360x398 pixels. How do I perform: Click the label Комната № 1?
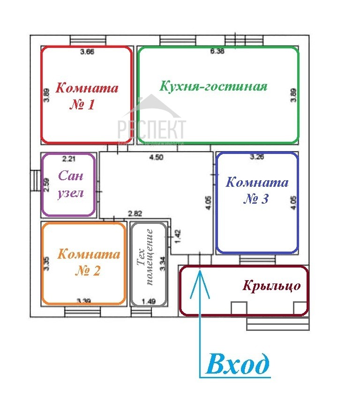[x=87, y=96]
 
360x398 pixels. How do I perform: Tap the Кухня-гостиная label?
[x=213, y=87]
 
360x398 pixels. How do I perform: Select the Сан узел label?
[x=70, y=184]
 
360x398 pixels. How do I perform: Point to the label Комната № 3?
[x=257, y=190]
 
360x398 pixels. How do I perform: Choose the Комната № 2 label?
[x=89, y=262]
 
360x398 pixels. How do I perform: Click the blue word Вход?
[x=238, y=364]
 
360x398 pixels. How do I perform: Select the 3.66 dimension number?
[x=87, y=52]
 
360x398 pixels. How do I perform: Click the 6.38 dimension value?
[x=217, y=52]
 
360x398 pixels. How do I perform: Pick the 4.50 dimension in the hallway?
[x=156, y=158]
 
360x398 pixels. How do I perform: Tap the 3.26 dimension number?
[x=257, y=158]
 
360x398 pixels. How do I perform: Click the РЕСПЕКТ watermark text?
[x=151, y=128]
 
